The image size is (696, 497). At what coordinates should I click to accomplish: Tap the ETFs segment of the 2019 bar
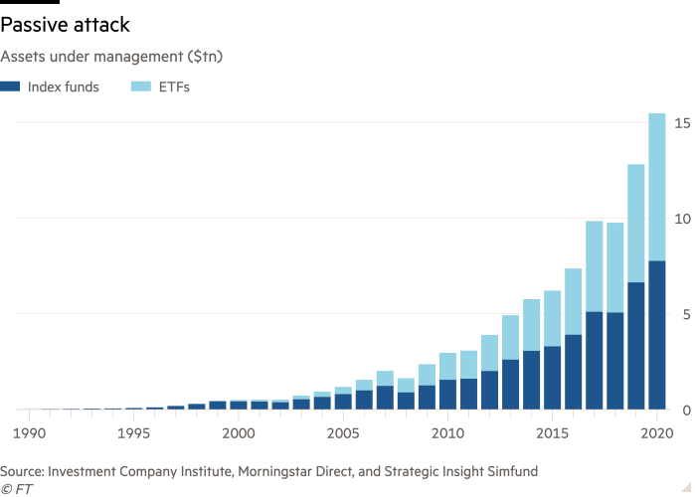click(x=636, y=224)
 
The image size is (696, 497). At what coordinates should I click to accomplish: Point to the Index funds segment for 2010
click(x=447, y=394)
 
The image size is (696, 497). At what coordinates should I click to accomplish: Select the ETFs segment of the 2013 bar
click(x=510, y=338)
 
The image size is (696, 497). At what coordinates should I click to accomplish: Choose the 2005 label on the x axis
click(x=342, y=433)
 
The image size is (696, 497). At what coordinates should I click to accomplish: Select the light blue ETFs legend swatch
click(x=136, y=87)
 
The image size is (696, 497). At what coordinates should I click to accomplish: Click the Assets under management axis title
click(x=110, y=57)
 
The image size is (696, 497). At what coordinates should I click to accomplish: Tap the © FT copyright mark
click(x=14, y=488)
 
